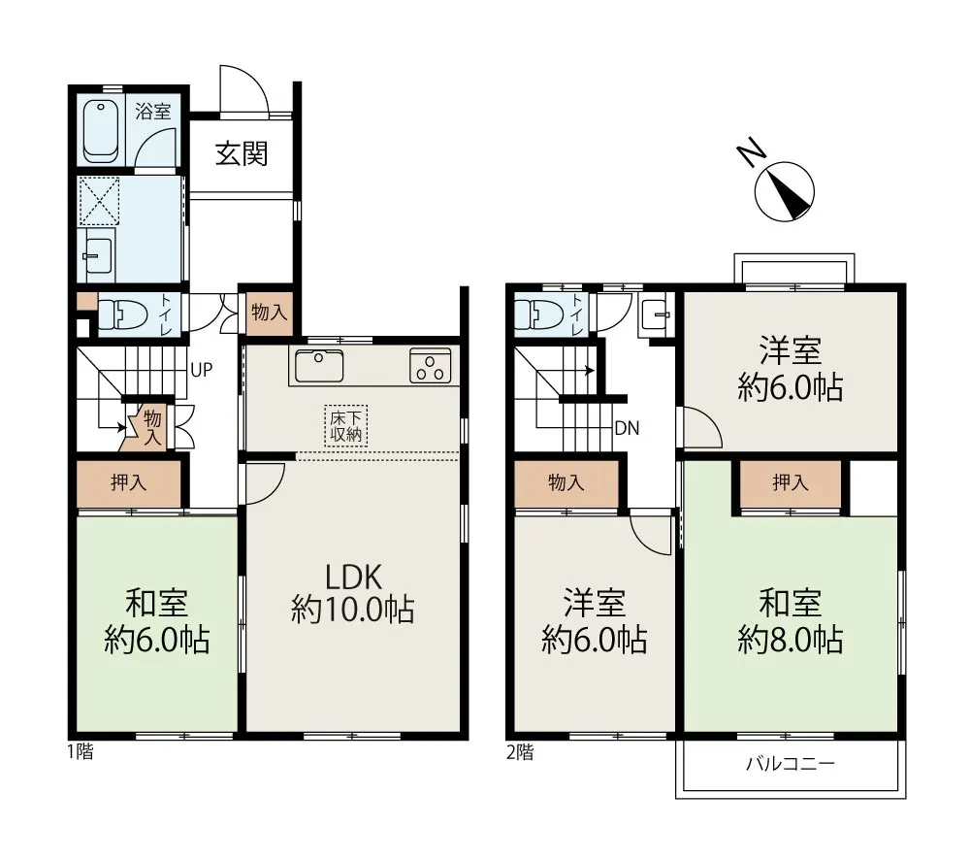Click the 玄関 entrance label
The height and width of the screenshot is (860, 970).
(242, 153)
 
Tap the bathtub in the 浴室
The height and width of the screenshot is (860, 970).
(101, 131)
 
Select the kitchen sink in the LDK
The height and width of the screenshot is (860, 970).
(319, 365)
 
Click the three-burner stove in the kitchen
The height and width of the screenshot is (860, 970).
(430, 365)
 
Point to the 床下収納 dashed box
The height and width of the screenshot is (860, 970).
(346, 425)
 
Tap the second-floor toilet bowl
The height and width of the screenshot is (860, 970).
(538, 314)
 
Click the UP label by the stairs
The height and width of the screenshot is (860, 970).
(202, 370)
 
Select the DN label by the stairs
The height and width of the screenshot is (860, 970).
(627, 428)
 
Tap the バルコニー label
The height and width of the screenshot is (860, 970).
(791, 763)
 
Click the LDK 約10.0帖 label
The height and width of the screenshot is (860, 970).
(353, 593)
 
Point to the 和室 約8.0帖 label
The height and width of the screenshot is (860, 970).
(791, 621)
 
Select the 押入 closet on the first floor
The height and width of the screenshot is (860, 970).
(129, 483)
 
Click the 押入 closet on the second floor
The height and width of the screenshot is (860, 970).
(791, 482)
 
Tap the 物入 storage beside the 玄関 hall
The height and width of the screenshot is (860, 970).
(269, 313)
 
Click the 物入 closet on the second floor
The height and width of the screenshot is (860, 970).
(566, 483)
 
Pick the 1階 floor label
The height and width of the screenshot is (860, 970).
(81, 751)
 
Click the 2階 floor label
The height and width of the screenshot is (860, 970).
(520, 752)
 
